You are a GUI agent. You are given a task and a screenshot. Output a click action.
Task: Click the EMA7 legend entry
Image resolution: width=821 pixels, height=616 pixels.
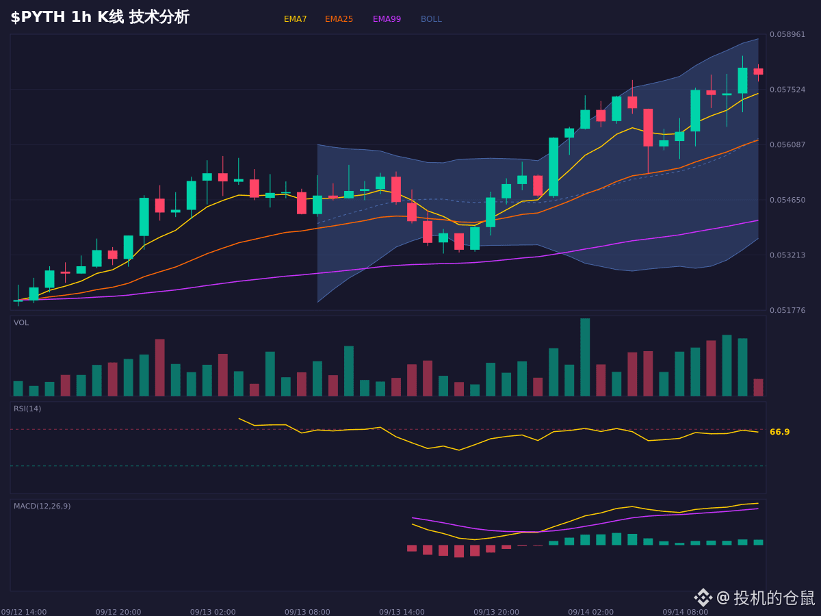pos(295,19)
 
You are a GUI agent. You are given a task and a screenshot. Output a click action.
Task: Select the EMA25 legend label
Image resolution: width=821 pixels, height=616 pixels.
pos(339,19)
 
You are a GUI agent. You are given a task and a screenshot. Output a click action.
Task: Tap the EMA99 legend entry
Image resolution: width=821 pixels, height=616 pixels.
pos(387,19)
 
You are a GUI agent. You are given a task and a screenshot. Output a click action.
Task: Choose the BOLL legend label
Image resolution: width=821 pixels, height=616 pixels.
pos(431,19)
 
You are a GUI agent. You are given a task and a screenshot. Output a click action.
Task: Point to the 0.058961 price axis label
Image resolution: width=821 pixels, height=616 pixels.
pos(787,34)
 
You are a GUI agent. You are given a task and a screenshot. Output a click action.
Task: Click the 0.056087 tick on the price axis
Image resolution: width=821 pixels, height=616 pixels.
pos(787,144)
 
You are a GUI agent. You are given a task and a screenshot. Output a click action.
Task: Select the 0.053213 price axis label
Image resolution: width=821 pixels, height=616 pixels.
pos(787,255)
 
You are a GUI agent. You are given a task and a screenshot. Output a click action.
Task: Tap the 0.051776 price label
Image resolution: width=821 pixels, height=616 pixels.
pos(787,310)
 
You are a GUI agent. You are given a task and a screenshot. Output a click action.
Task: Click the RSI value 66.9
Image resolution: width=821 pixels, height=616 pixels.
pos(779,432)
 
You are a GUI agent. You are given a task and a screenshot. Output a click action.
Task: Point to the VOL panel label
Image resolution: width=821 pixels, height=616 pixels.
pos(21,323)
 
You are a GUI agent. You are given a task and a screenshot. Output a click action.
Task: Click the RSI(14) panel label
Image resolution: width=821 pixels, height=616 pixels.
pos(27,409)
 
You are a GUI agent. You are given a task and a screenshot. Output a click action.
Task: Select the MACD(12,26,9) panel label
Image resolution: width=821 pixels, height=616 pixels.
pos(42,506)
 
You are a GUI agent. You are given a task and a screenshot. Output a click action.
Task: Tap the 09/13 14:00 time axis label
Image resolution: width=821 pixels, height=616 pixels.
pos(402,612)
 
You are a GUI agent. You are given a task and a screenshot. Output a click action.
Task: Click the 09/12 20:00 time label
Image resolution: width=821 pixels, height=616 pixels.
pos(118,612)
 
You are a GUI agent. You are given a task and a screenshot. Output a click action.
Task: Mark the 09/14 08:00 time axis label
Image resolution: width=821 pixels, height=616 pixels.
pos(686,612)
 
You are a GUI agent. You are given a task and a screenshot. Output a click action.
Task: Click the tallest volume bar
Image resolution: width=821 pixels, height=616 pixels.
pos(585,357)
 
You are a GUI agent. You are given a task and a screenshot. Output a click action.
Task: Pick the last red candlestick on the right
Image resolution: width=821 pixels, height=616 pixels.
pos(758,72)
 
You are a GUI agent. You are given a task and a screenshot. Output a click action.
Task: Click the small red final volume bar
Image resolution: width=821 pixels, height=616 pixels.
pos(758,387)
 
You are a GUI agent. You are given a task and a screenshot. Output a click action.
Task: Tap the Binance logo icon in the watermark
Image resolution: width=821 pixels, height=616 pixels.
pos(703,598)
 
